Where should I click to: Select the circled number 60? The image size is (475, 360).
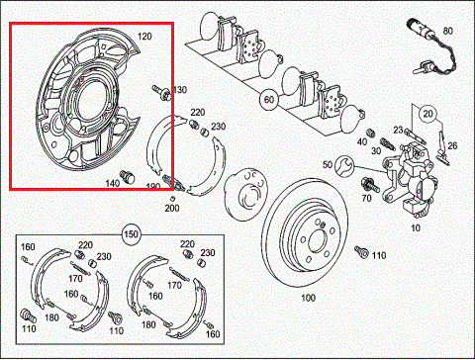[x=267, y=99]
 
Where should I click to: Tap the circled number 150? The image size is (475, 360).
[x=130, y=234]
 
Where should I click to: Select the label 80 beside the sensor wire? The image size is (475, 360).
[x=447, y=32]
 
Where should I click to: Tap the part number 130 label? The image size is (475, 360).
[x=179, y=90]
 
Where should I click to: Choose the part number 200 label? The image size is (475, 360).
[x=171, y=208]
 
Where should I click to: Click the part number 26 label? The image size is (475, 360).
[x=452, y=146]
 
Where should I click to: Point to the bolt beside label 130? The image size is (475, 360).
[x=158, y=93]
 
